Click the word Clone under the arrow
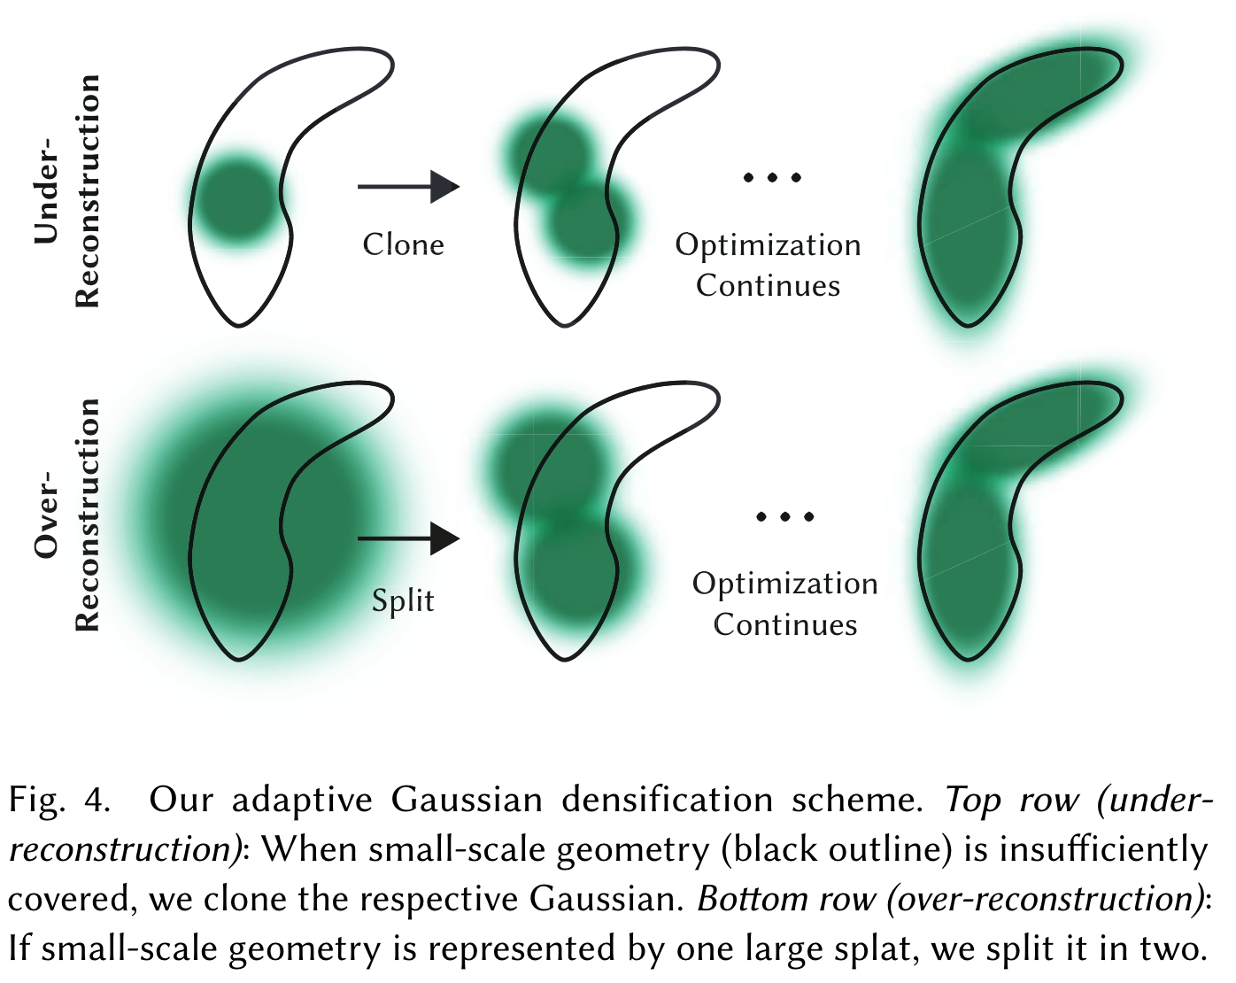coord(403,244)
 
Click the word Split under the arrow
coord(403,600)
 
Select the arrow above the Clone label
coord(408,187)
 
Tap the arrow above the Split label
coord(408,538)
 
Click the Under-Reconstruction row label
coord(66,190)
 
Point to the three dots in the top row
coord(772,178)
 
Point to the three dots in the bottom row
coord(785,517)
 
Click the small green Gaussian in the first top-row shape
coord(236,200)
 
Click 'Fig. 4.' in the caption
coord(58,801)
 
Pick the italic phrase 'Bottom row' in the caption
coord(786,900)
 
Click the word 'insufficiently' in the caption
coord(1103,850)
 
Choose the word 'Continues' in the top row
coord(768,286)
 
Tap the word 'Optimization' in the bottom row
coord(784,584)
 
